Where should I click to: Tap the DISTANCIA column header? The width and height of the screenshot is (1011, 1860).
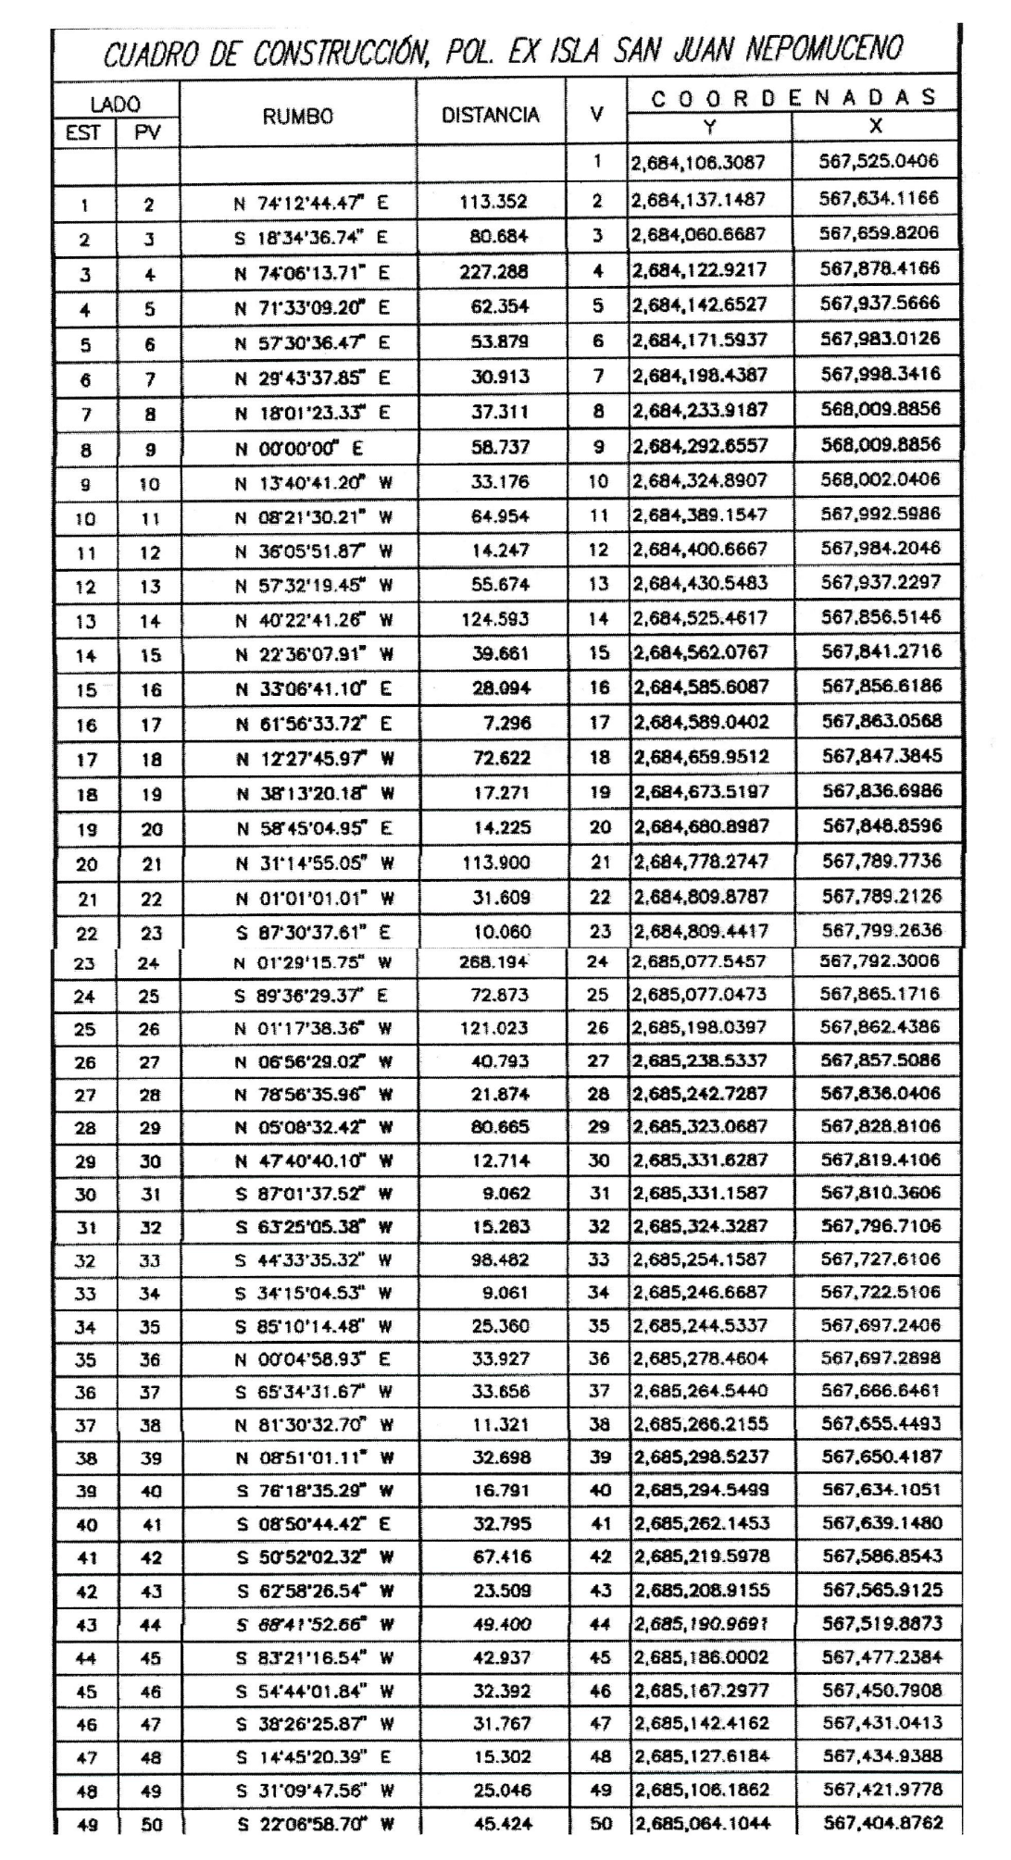coord(491,116)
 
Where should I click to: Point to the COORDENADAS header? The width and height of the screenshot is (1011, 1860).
coord(793,96)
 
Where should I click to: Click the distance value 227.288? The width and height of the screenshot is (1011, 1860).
coord(494,273)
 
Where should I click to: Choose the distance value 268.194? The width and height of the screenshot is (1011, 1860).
coord(494,962)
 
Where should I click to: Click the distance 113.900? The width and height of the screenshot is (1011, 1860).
coord(495,863)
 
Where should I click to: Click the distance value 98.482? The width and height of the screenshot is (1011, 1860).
coord(500,1260)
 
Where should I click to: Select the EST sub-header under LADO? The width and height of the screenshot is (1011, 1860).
coord(83,133)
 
